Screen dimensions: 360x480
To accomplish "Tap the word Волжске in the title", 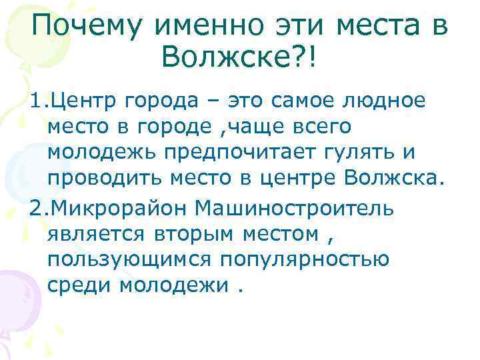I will coord(225,61).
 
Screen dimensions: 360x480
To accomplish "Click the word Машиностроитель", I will coord(295,207).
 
